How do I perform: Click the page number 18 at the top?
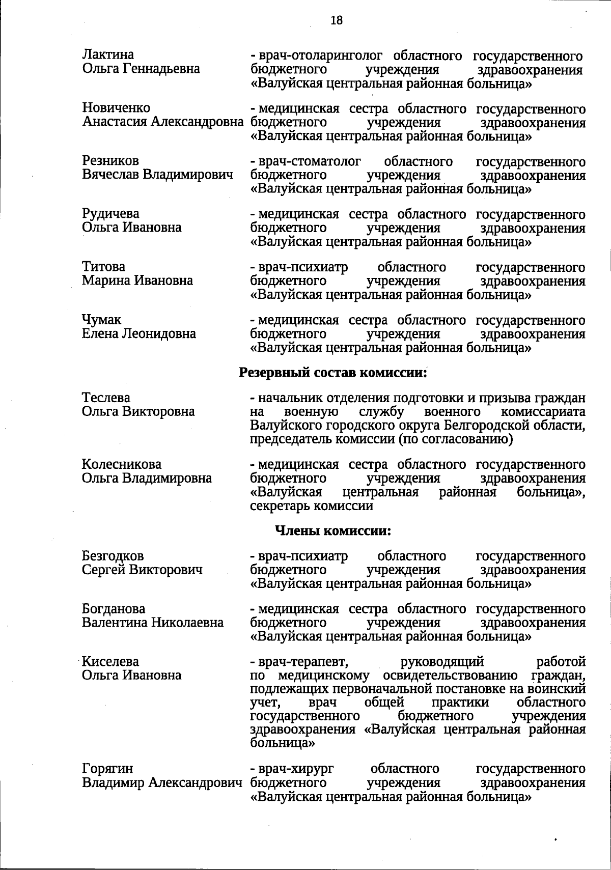click(x=337, y=20)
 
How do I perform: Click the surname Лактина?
click(x=108, y=54)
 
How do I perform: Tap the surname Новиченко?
click(x=116, y=108)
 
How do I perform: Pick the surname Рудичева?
click(x=110, y=214)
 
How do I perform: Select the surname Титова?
click(x=103, y=267)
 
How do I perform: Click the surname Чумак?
click(x=102, y=320)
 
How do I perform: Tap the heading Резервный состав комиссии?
click(x=332, y=373)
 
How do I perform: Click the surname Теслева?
click(x=106, y=398)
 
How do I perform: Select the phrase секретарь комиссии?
click(x=312, y=506)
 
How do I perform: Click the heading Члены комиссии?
click(x=333, y=531)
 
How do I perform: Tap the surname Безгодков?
click(x=113, y=556)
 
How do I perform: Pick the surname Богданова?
click(x=114, y=609)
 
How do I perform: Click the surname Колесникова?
click(x=122, y=464)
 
